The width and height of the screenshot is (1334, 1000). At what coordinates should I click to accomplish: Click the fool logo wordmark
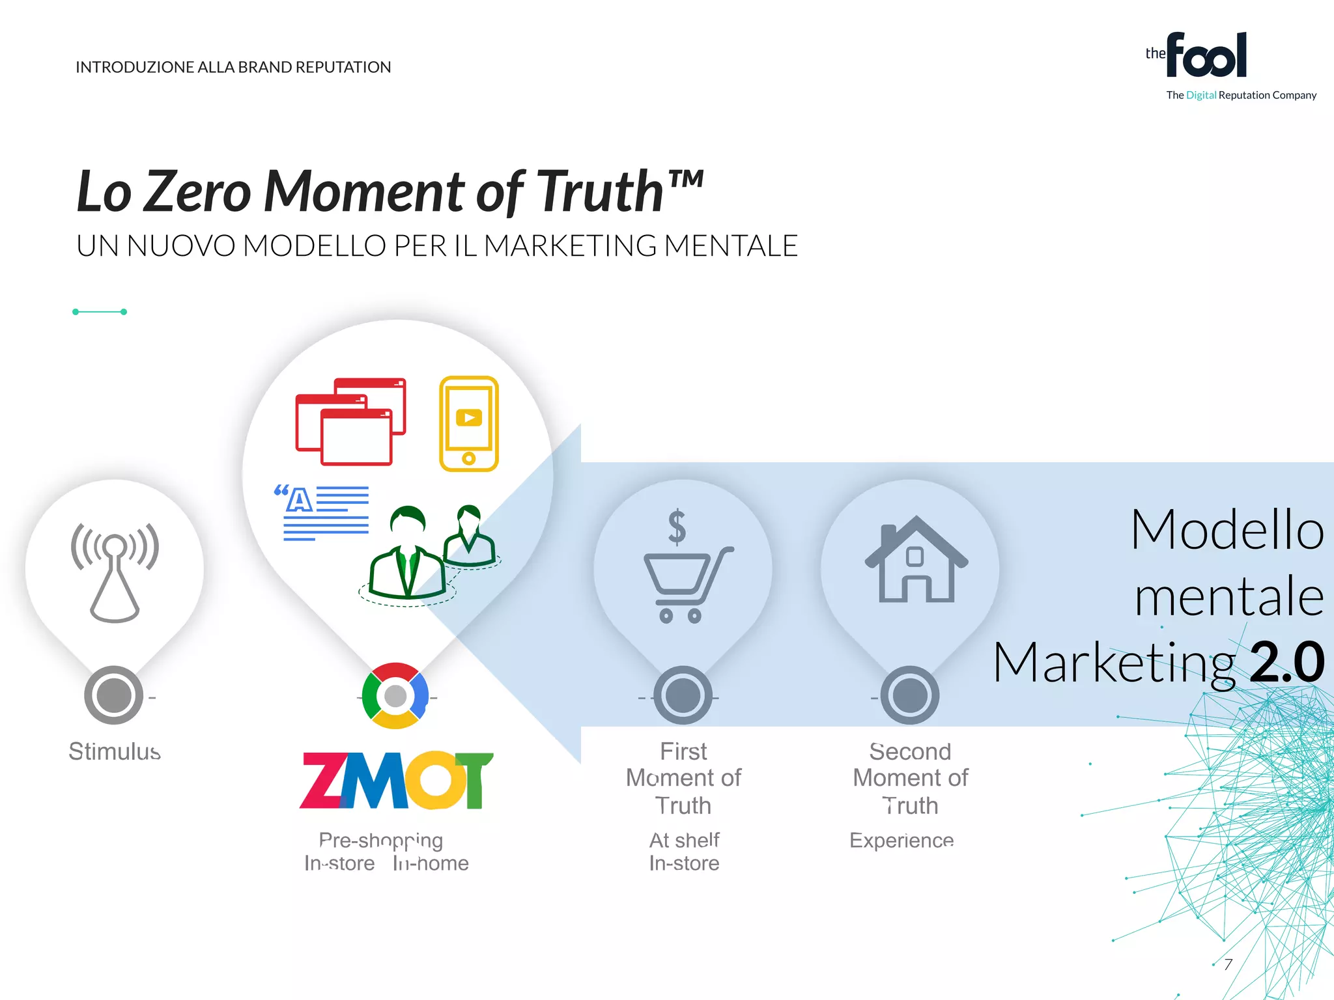click(1206, 56)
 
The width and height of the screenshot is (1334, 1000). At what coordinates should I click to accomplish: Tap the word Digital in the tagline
click(1201, 95)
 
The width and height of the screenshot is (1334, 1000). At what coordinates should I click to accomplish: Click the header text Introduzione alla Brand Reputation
click(233, 67)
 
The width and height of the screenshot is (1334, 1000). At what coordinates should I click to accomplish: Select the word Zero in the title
click(197, 191)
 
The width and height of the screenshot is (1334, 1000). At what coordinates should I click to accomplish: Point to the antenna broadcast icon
click(115, 571)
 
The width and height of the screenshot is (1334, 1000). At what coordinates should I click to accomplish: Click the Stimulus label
click(115, 751)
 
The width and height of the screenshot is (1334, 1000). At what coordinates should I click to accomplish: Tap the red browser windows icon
click(350, 421)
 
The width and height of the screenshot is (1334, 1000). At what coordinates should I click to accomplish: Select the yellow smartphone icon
click(469, 423)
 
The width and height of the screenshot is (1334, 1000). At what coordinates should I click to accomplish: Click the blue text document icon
click(322, 512)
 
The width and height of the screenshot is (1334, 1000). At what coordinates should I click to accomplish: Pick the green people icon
click(430, 553)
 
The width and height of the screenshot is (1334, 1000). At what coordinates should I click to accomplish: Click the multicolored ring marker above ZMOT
click(395, 696)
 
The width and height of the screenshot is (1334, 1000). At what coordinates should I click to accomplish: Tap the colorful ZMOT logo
click(396, 780)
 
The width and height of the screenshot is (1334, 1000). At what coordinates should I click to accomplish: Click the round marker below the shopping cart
click(683, 695)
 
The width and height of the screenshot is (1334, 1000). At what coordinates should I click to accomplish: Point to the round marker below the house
click(910, 695)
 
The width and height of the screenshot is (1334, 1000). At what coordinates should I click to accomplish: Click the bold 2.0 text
click(1287, 661)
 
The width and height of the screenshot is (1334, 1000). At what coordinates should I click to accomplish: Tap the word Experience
click(901, 840)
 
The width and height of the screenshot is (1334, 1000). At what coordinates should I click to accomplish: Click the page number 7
click(1228, 964)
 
